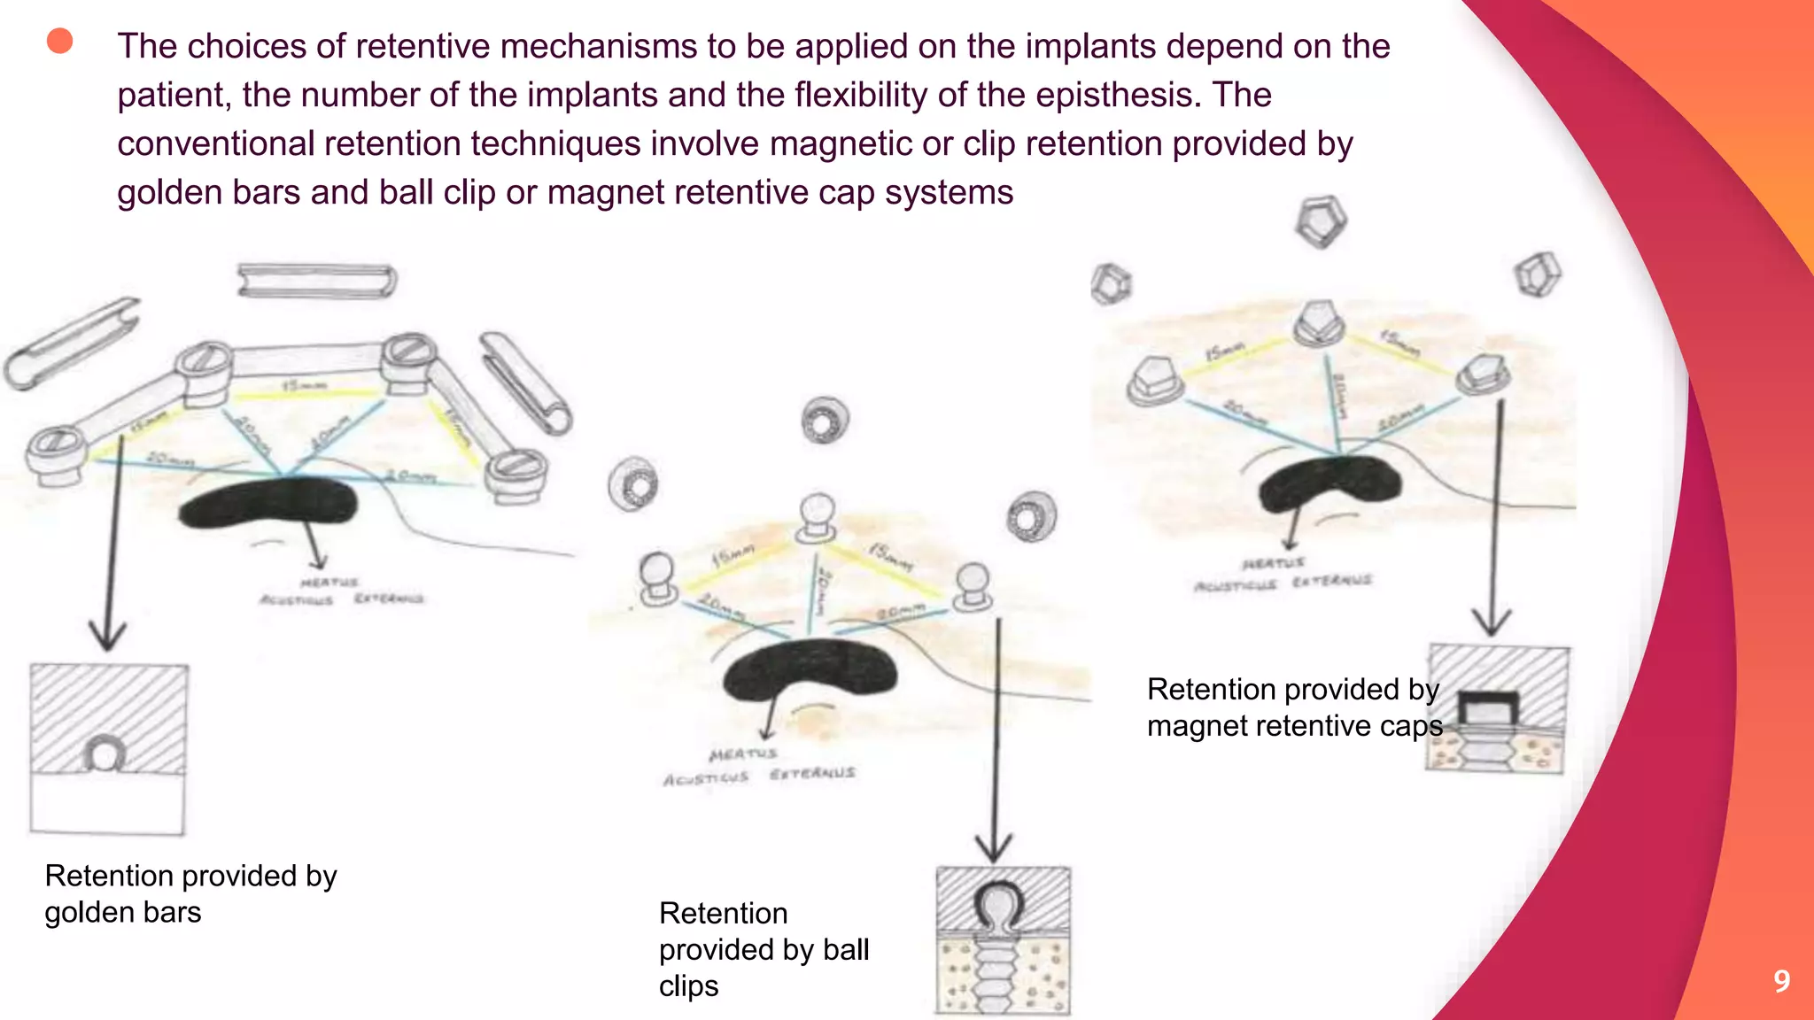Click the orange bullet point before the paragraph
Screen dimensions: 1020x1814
[x=59, y=41]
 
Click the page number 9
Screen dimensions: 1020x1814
[x=1781, y=981]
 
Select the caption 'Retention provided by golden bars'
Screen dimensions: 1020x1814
[x=190, y=893]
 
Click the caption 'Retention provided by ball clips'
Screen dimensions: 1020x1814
[x=764, y=949]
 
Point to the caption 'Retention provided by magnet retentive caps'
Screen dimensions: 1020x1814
[x=1293, y=707]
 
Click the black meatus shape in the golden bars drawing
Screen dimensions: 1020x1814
[x=267, y=503]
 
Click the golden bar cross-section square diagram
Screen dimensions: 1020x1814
[x=108, y=748]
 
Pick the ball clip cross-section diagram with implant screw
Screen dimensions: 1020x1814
[x=1003, y=939]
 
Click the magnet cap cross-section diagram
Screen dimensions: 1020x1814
[x=1497, y=709]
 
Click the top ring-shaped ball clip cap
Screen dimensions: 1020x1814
[x=825, y=421]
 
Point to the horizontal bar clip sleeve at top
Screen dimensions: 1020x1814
[x=316, y=282]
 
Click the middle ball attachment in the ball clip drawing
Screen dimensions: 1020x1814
[x=816, y=517]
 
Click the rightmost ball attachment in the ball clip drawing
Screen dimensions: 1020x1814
[x=973, y=586]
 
